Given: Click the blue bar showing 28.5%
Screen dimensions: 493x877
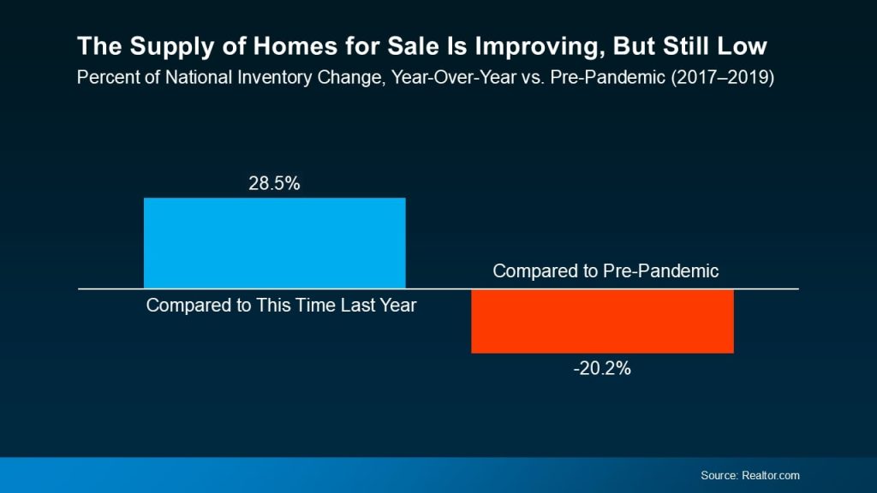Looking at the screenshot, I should tap(274, 243).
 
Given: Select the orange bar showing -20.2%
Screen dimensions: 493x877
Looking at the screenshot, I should tap(602, 321).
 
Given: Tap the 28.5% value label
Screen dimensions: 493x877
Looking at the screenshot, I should tap(274, 183).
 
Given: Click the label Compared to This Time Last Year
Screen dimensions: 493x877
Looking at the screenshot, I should tap(281, 305).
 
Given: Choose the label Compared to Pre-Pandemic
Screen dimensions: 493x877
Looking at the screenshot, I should tap(606, 271).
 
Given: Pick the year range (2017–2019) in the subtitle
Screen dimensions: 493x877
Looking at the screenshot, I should tap(735, 77).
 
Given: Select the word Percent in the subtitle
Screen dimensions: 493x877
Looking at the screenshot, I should tap(105, 77).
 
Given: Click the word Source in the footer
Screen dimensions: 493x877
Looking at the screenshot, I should tap(717, 475).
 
